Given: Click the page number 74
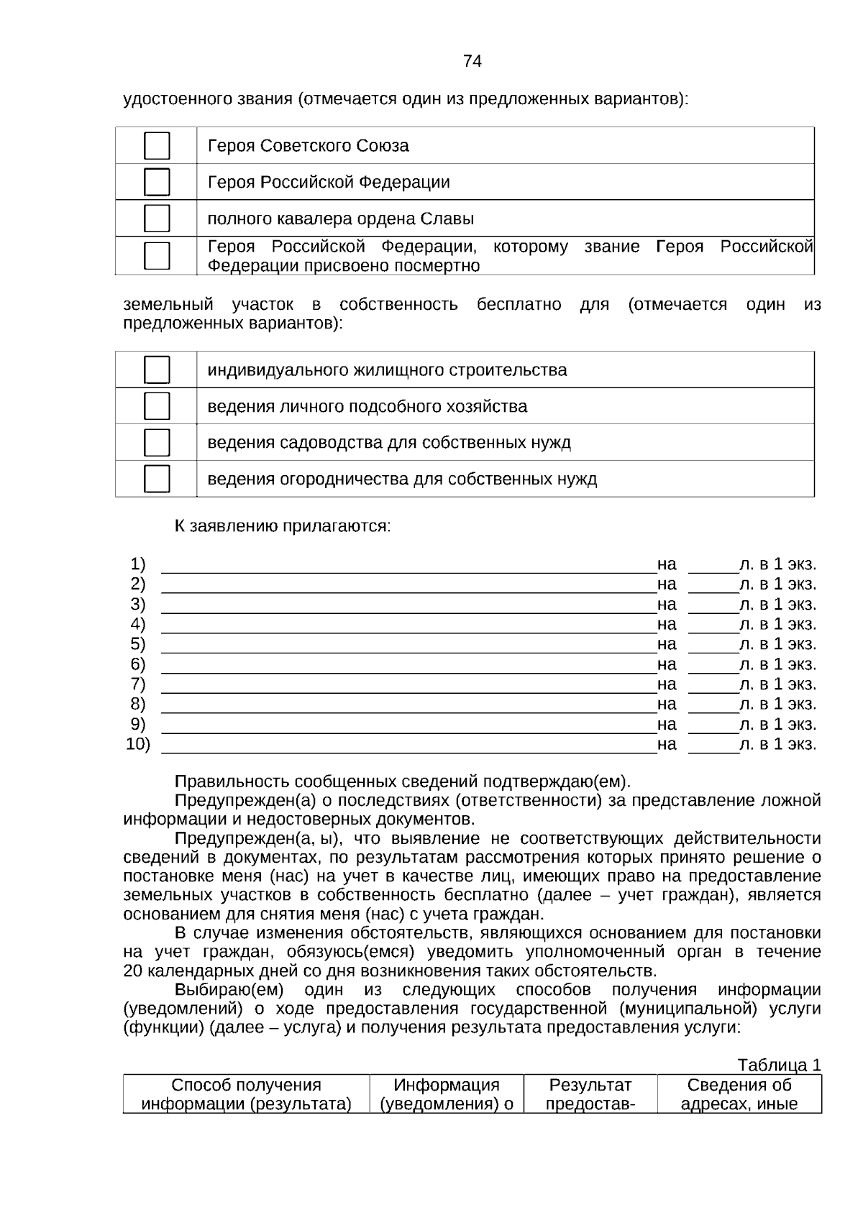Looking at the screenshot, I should (472, 61).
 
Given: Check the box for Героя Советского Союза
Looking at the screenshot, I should (157, 146).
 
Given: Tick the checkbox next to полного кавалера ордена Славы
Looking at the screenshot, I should (157, 219).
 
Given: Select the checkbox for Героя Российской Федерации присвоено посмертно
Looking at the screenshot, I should (157, 255).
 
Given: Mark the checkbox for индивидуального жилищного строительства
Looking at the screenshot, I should (157, 370).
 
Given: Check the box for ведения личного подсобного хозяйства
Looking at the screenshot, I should (157, 406).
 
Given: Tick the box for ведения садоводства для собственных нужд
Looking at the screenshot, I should (157, 443).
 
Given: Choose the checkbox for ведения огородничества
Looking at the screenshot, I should (157, 479).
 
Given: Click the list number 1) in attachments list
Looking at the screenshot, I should (138, 564).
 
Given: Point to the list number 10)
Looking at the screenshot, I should (138, 744).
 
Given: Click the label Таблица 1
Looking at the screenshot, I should (779, 1065).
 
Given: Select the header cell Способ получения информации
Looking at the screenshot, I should (246, 1094).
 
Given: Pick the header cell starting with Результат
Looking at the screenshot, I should (590, 1094).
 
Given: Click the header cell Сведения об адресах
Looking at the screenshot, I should (739, 1094).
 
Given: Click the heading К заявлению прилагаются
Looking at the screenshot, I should (283, 526).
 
